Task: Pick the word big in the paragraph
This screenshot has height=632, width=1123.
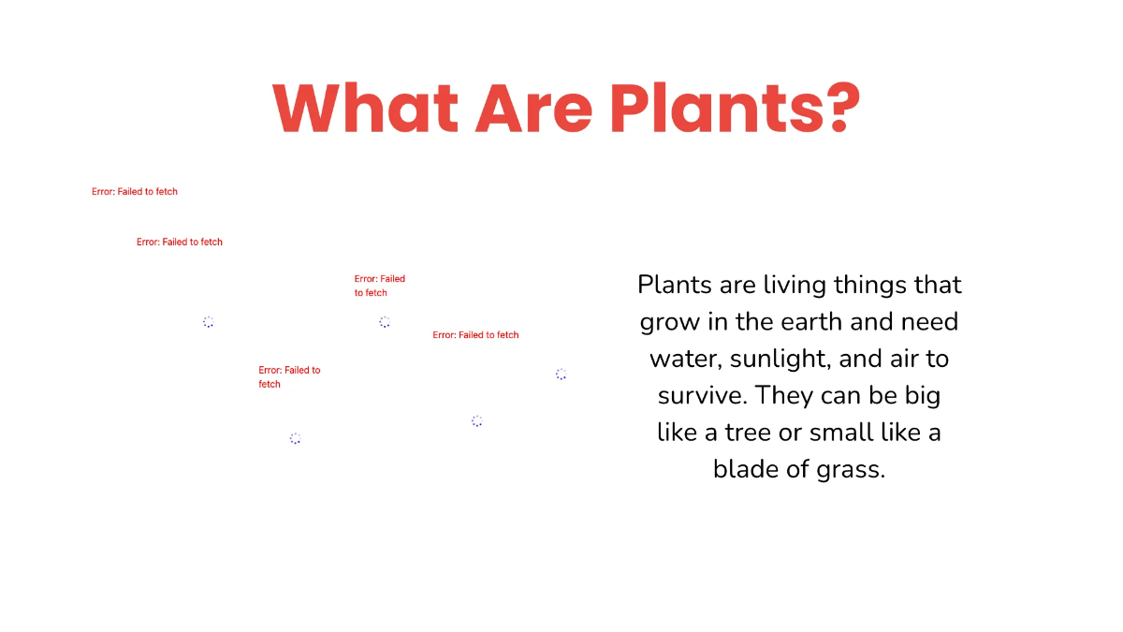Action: click(x=920, y=396)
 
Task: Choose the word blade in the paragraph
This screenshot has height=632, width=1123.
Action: click(x=745, y=468)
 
